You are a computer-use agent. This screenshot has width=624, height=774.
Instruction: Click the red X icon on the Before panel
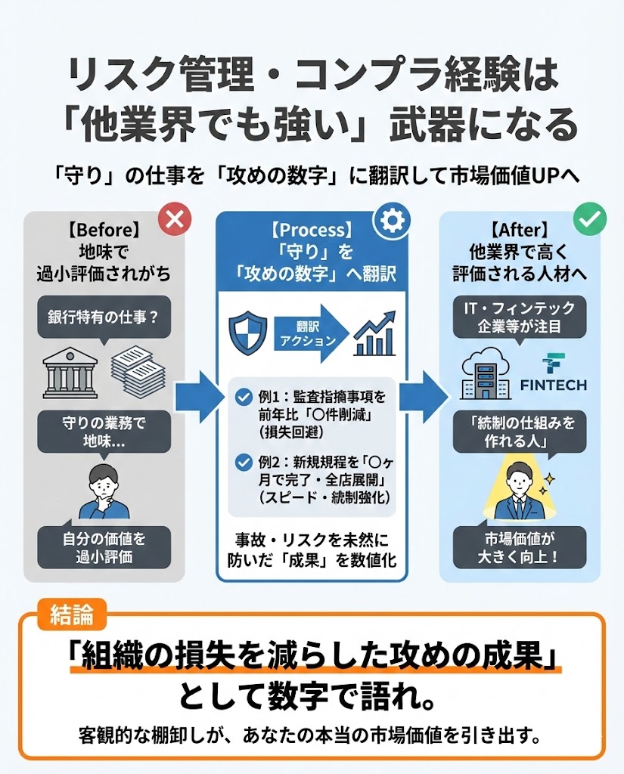175,219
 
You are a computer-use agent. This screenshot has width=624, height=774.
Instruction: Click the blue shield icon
249,333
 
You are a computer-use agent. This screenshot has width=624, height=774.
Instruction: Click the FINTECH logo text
554,384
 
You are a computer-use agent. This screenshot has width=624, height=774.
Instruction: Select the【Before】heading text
104,228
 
